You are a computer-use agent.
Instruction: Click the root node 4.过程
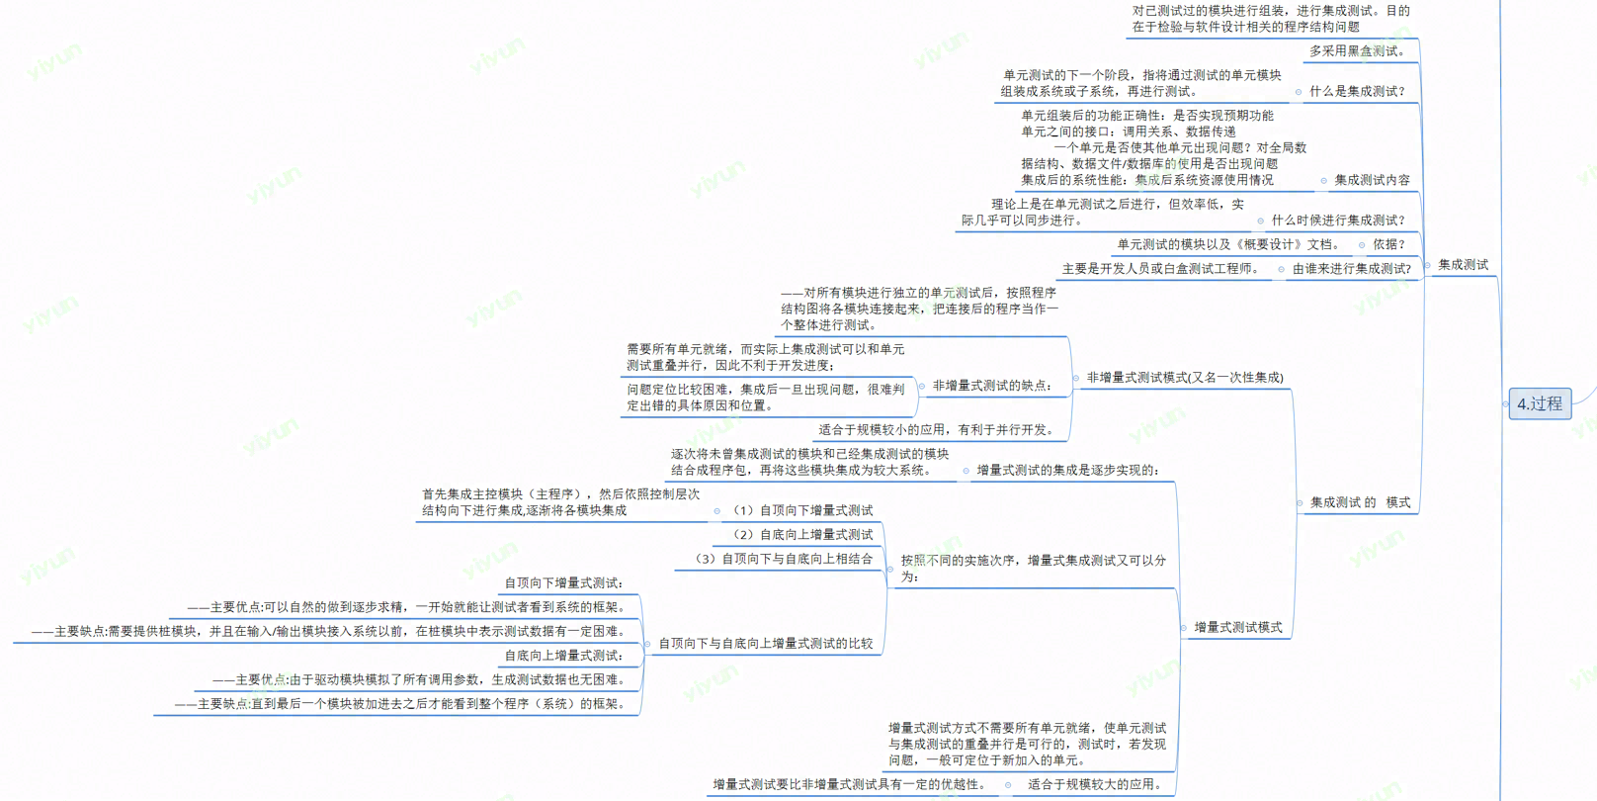click(x=1540, y=403)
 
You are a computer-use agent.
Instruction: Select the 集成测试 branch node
click(x=1463, y=265)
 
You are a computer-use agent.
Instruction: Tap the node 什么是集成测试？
click(x=1357, y=91)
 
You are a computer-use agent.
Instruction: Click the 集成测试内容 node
click(x=1372, y=180)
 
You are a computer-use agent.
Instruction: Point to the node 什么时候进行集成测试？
click(x=1338, y=221)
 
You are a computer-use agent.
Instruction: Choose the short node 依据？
click(x=1388, y=244)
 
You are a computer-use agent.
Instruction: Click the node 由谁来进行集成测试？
click(x=1352, y=269)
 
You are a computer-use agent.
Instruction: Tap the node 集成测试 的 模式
click(x=1360, y=502)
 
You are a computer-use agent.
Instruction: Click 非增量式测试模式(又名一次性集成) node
click(x=1185, y=378)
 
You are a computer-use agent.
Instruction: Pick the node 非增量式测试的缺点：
click(x=992, y=386)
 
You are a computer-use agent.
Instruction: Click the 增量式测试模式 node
click(x=1237, y=627)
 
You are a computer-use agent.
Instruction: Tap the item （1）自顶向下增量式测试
click(x=801, y=511)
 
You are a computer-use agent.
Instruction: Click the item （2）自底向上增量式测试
click(x=801, y=535)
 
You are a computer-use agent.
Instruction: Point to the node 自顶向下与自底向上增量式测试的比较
click(x=766, y=644)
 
